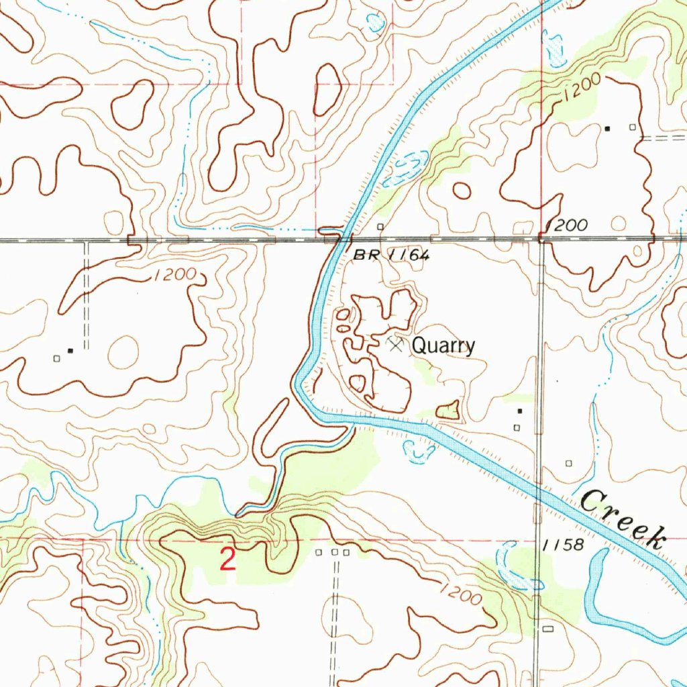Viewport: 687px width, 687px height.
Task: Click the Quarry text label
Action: (x=443, y=346)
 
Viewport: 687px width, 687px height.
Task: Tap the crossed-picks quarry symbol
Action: (x=396, y=344)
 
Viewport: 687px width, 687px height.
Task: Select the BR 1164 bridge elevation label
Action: (x=390, y=256)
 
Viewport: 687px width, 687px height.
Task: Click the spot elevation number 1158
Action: (x=565, y=544)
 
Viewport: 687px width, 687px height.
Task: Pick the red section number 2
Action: (x=228, y=560)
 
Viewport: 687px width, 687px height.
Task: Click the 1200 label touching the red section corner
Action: (x=568, y=225)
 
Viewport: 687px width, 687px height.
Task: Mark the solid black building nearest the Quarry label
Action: (x=519, y=411)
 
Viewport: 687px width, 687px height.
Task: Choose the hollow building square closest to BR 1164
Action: (x=380, y=227)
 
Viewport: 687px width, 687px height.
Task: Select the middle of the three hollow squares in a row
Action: (x=333, y=552)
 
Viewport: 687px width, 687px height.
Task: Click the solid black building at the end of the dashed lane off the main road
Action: (x=70, y=350)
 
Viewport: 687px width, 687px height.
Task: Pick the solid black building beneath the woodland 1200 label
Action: (x=607, y=127)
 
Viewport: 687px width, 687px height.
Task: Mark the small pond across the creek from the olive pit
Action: (x=420, y=454)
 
